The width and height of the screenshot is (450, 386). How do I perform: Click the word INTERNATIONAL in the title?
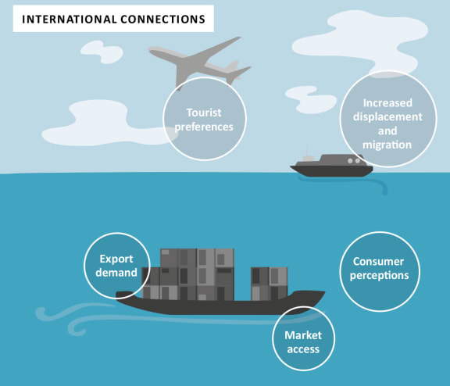[x=70, y=20]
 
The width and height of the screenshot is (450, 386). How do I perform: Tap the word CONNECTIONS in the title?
[x=163, y=20]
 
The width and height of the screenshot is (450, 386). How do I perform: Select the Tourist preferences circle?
[x=205, y=119]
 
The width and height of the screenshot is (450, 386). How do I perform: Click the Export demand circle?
[x=117, y=266]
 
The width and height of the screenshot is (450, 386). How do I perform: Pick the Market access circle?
[x=303, y=338]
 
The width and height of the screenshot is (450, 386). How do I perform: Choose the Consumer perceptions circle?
[x=380, y=271]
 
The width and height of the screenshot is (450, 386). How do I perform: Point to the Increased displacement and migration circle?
[x=388, y=119]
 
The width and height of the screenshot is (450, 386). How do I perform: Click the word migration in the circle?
[x=387, y=145]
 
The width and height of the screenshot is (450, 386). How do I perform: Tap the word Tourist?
[x=204, y=113]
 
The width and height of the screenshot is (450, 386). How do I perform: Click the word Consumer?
[x=379, y=262]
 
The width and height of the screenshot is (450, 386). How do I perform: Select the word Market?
[x=303, y=335]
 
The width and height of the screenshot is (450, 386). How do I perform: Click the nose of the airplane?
[x=151, y=50]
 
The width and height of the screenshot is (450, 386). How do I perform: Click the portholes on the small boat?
[x=354, y=161]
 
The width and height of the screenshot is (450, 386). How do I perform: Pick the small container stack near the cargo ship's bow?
[x=270, y=284]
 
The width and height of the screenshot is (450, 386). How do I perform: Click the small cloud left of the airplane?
[x=102, y=52]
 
